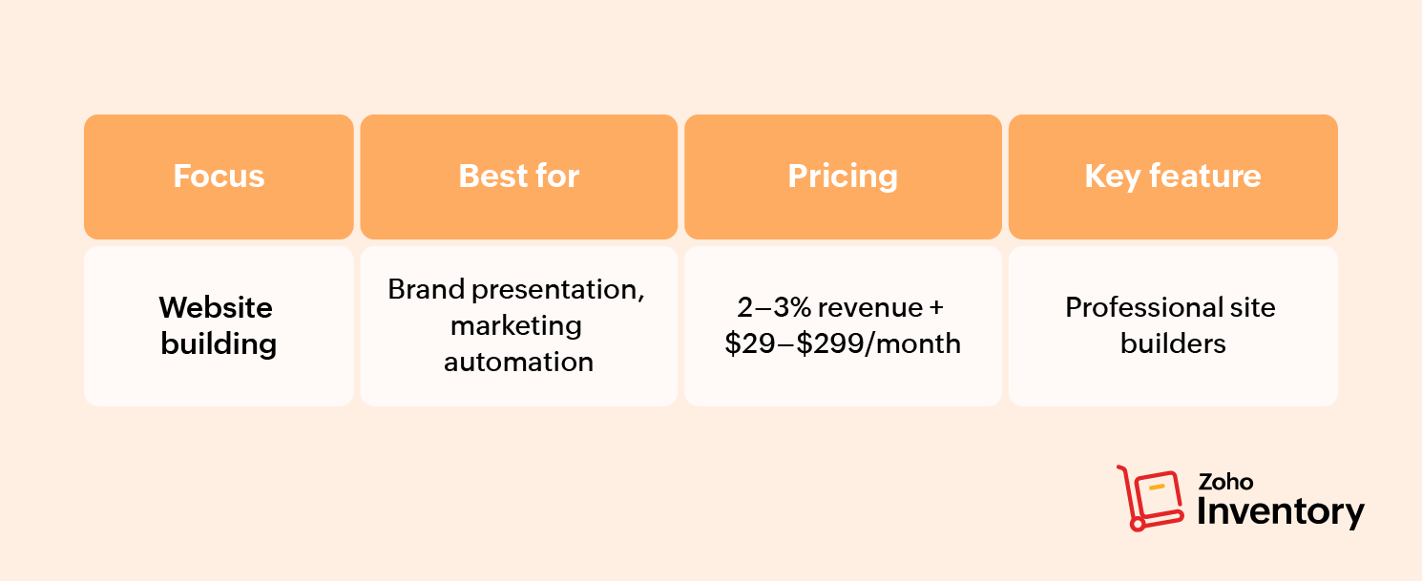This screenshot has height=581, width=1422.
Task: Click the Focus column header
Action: (219, 176)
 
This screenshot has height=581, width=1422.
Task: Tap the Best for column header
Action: (518, 176)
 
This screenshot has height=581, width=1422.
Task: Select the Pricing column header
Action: (843, 176)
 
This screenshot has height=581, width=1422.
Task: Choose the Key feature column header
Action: (1173, 176)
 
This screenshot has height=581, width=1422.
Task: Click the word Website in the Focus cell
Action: (216, 307)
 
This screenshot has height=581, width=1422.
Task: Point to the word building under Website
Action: (219, 344)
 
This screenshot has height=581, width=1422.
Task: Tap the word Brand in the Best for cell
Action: (426, 289)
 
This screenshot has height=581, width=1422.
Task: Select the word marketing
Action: (516, 326)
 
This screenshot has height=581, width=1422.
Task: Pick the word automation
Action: (518, 363)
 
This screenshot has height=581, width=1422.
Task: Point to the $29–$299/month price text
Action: (843, 344)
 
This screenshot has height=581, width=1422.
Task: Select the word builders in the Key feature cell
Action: (1173, 343)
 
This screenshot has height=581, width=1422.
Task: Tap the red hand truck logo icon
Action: (1150, 499)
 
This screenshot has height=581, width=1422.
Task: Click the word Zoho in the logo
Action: (1225, 482)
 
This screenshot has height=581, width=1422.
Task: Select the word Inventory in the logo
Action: (1281, 512)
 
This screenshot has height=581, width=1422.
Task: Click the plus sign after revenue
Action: (936, 308)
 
